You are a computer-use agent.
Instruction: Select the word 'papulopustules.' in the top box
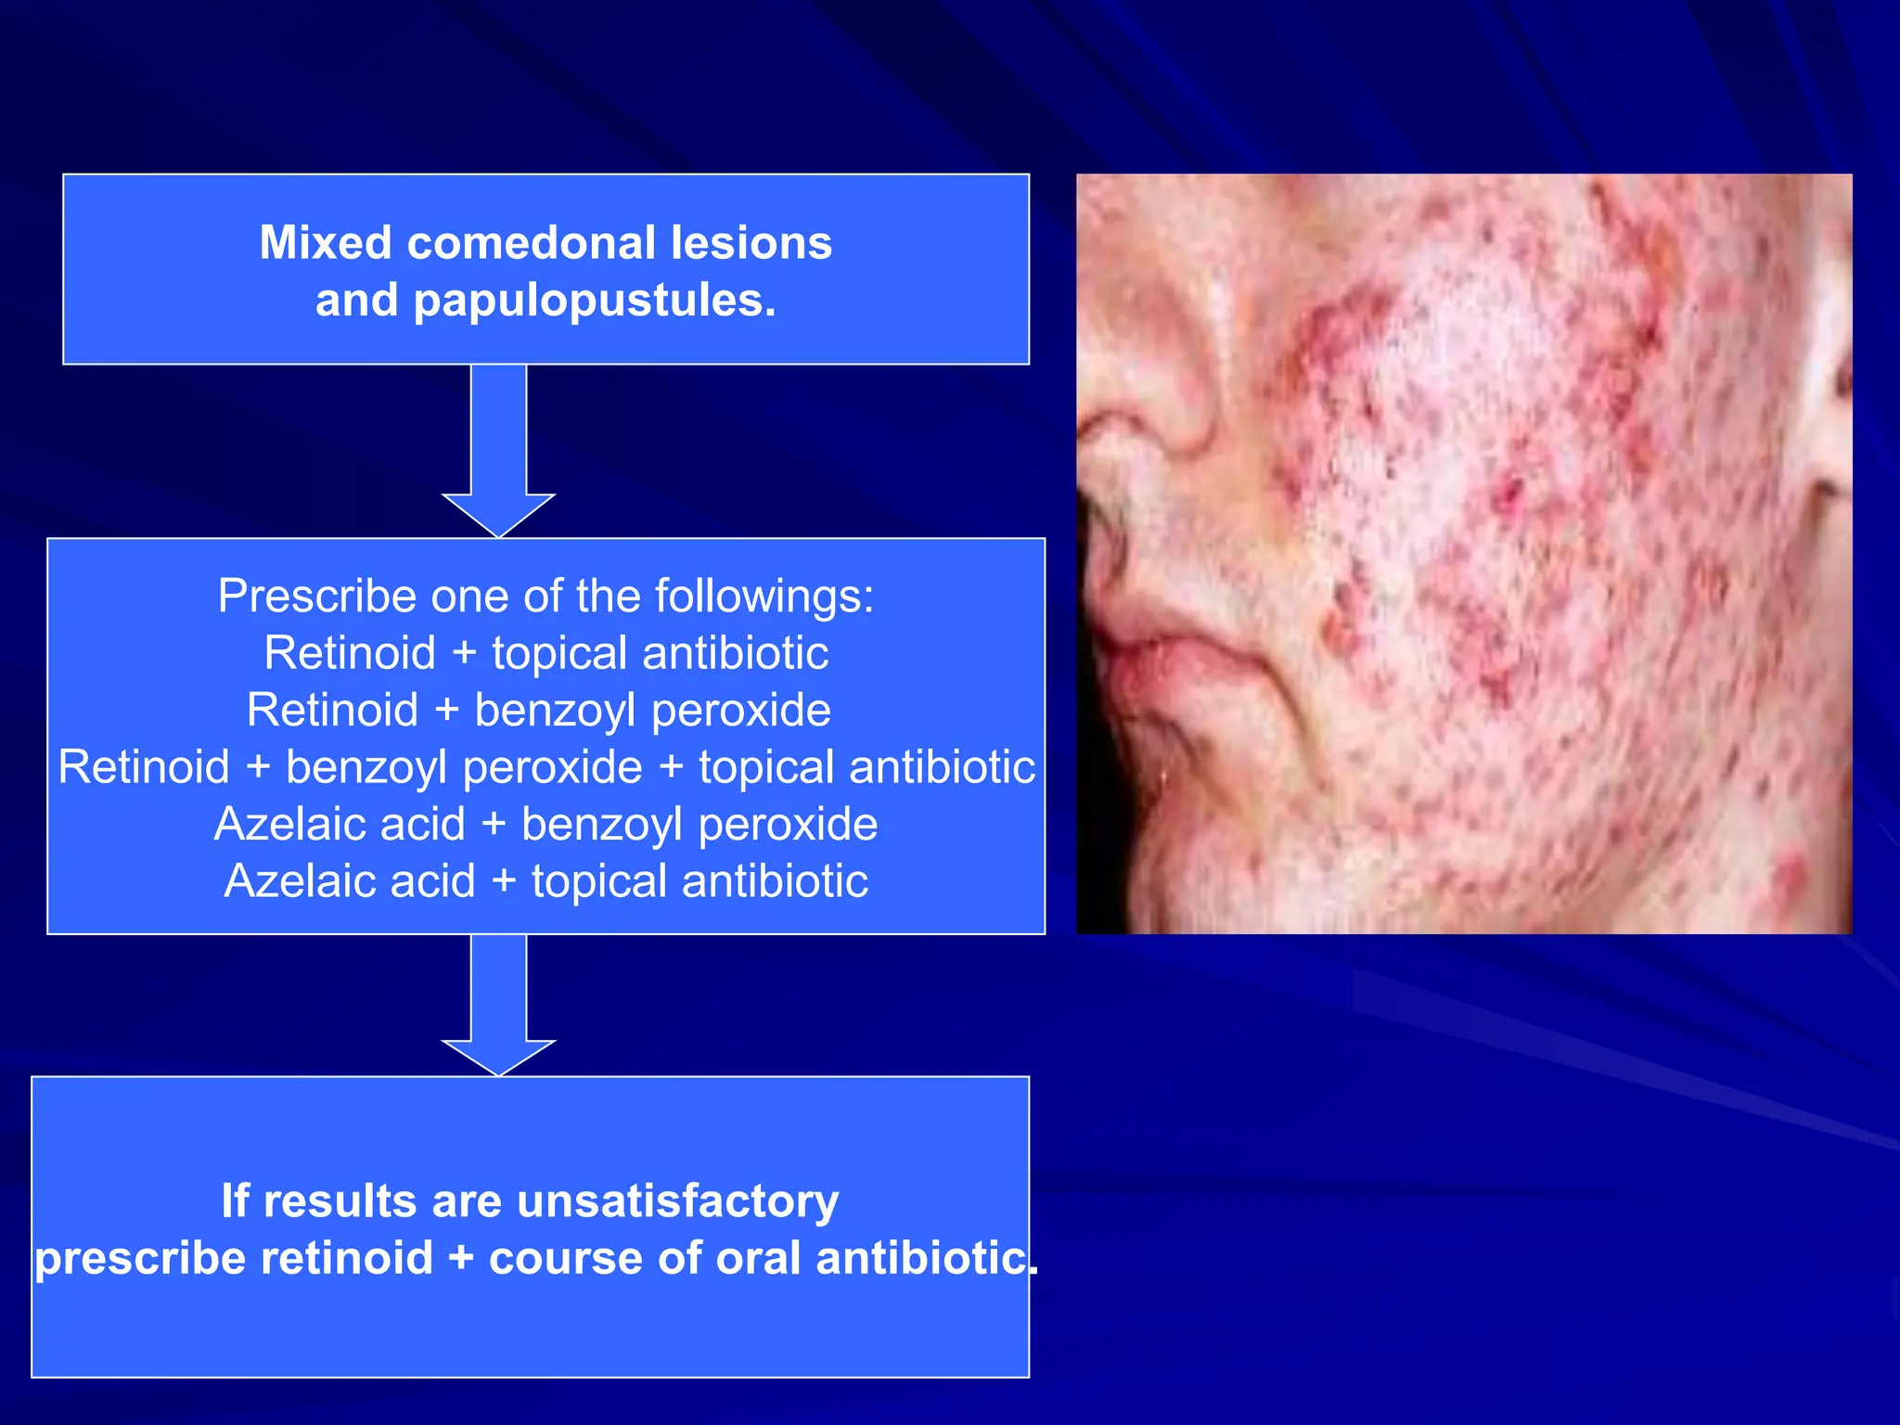point(595,302)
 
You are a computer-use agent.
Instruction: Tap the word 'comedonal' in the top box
point(532,243)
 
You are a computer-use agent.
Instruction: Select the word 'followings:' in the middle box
point(764,596)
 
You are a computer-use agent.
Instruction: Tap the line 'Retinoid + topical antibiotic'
point(546,653)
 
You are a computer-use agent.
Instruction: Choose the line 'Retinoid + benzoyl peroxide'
point(538,711)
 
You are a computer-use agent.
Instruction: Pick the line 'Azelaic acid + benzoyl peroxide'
point(546,824)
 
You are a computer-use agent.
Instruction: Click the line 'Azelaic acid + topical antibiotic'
point(546,881)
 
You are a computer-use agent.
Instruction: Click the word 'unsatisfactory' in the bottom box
point(678,1201)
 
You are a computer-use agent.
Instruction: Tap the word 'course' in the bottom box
point(565,1259)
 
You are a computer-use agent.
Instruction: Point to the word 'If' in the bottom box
point(235,1201)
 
